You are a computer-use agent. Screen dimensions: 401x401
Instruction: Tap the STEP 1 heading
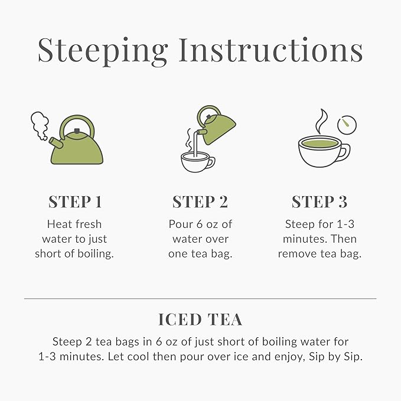[75, 202]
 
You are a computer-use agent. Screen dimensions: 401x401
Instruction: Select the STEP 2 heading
[200, 202]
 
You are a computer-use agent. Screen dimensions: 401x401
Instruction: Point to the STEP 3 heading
[320, 202]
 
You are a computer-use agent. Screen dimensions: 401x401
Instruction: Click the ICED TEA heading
[200, 320]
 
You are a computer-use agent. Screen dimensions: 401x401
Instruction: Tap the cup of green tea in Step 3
[322, 151]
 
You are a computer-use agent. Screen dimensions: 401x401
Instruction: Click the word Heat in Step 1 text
[58, 224]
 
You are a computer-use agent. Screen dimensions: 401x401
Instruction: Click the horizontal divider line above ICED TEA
[200, 299]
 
